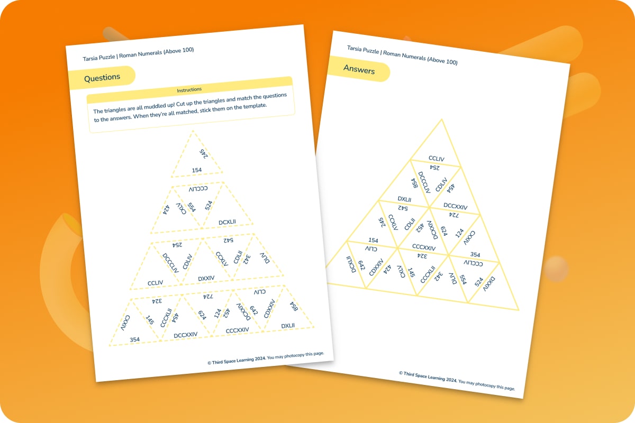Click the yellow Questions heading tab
(102, 77)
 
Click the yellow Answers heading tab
(359, 69)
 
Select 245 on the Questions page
(203, 153)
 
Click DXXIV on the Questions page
(206, 278)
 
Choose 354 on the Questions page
(135, 339)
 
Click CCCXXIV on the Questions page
(237, 330)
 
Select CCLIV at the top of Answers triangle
(436, 158)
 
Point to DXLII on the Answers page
(405, 199)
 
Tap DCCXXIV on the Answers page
(455, 206)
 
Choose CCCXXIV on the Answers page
(424, 247)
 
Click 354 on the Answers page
(475, 254)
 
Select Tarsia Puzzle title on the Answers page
(402, 55)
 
